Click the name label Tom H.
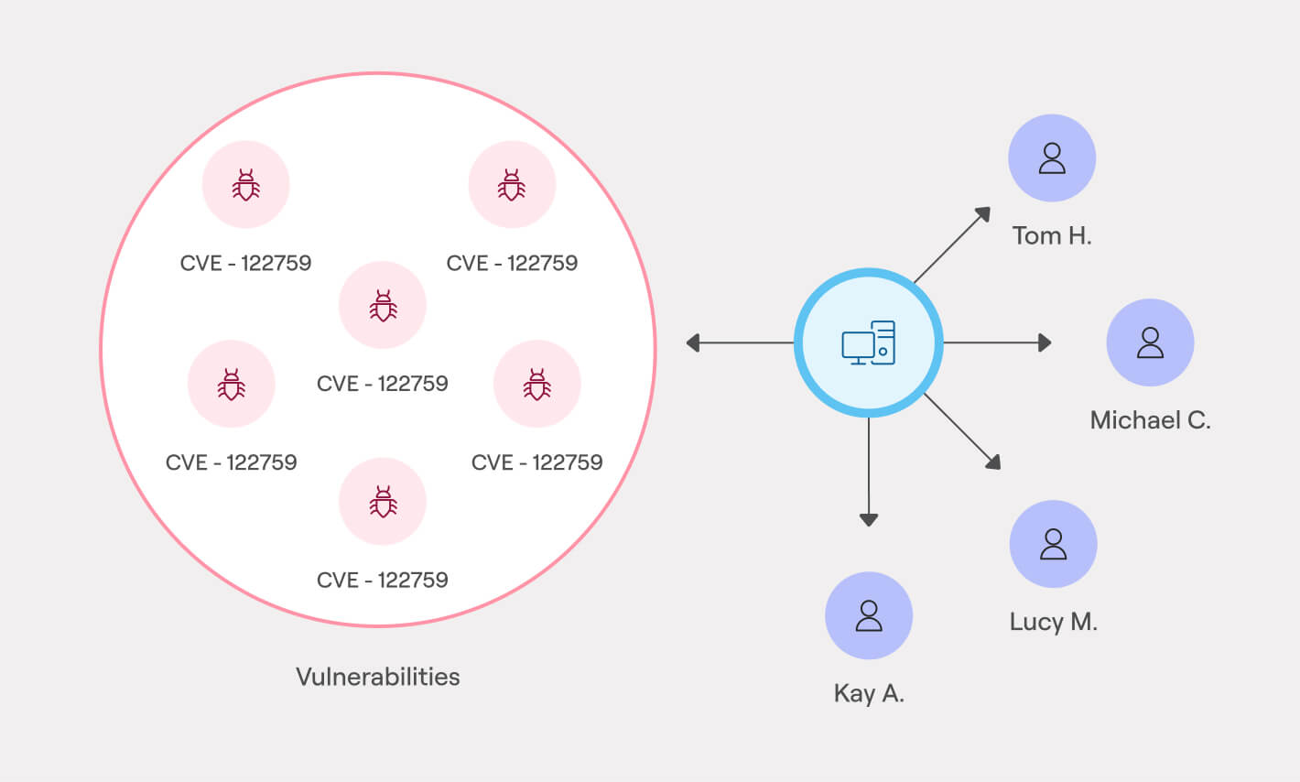point(1052,235)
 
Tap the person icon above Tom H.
point(1052,158)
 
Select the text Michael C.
point(1150,420)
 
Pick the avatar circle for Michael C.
point(1150,342)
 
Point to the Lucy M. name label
point(1053,622)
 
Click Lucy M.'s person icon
point(1053,544)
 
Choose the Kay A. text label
point(869,693)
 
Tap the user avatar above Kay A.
point(869,615)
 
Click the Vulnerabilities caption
point(378,677)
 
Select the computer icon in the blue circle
point(868,343)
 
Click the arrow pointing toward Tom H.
point(952,244)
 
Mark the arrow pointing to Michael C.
point(998,342)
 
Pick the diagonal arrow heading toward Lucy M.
point(961,430)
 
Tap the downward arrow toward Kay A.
point(869,472)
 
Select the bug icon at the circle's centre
point(383,306)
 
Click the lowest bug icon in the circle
point(383,502)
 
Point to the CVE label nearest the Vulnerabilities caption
point(383,580)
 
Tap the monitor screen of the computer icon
point(858,345)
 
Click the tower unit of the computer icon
point(883,342)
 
